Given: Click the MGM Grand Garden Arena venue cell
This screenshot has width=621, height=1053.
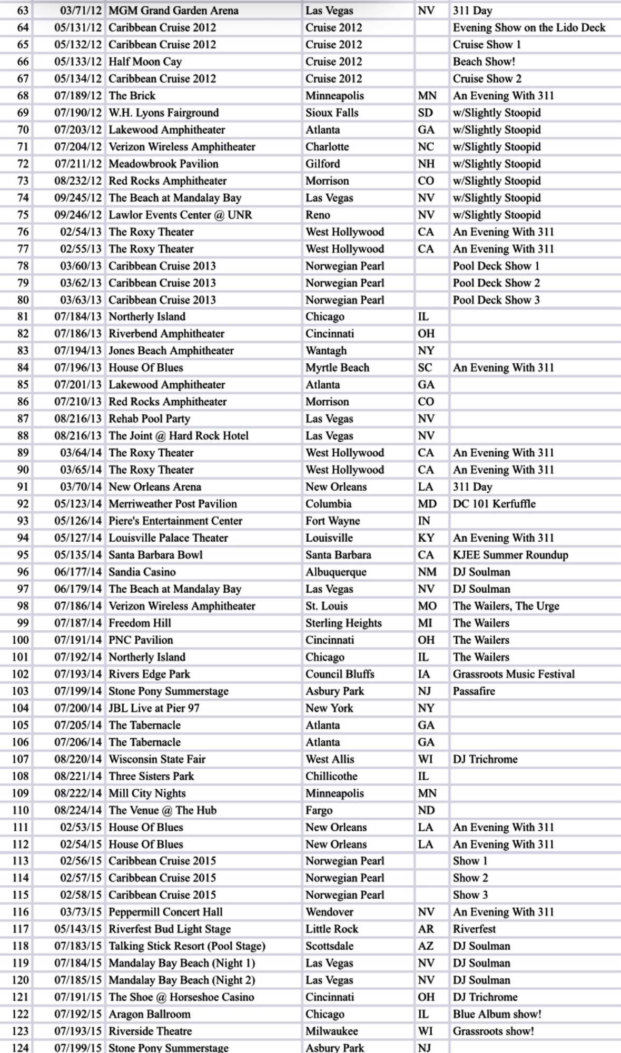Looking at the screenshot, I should coord(173,11).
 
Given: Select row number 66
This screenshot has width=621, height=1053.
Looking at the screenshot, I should coord(23,62).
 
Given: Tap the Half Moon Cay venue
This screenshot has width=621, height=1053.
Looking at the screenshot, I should coord(145,62).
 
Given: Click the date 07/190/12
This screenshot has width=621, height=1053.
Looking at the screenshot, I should coord(78,113).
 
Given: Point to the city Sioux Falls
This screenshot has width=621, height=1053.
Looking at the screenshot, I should coord(332,113).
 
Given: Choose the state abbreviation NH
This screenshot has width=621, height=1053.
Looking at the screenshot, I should coord(426,164).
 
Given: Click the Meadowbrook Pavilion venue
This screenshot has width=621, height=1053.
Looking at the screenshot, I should coord(163,164).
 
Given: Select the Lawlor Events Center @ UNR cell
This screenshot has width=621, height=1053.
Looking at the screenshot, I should coord(180,215).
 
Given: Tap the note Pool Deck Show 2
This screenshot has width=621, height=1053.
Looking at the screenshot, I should coord(496,283).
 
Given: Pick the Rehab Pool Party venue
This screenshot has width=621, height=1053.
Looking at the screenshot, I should coord(149,419).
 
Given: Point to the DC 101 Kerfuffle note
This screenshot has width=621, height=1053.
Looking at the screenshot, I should coord(494,504).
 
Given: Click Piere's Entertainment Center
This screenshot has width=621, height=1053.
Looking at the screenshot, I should coord(175,521).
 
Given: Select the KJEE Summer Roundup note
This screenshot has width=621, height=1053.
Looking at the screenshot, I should coord(510,555).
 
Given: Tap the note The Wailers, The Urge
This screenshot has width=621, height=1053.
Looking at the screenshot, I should coord(506,606).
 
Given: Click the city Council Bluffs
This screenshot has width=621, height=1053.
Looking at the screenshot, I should coord(340,674).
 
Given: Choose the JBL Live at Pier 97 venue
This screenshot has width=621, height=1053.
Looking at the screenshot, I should coord(154,708).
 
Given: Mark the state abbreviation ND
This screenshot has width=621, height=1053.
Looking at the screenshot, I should coord(426,810).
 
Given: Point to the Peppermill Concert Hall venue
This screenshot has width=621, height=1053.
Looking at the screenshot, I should coord(165,912).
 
